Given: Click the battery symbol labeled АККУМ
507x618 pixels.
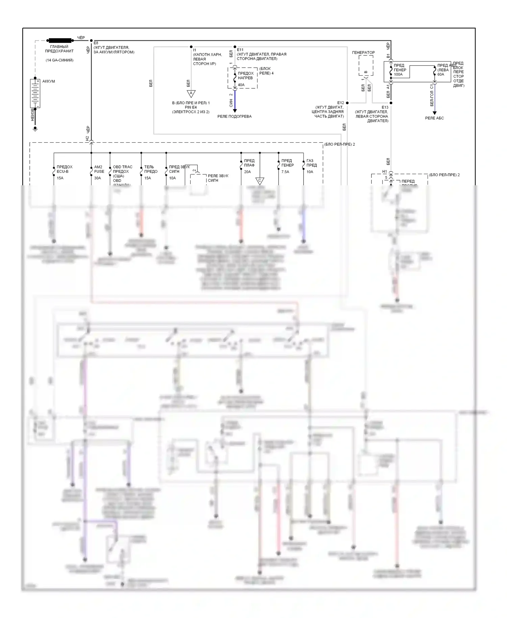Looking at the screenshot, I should tap(35, 93).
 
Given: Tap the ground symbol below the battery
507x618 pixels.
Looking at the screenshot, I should tap(35, 129).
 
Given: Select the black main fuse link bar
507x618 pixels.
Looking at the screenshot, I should tap(60, 40).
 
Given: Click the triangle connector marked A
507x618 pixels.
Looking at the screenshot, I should tap(191, 94).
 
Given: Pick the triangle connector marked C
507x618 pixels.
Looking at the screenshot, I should tap(260, 181).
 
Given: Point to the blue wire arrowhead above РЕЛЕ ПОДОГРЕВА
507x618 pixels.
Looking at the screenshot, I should tap(235, 110).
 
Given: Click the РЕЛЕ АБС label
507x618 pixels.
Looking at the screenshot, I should tap(434, 118).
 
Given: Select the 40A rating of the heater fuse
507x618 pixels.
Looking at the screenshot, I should tap(241, 85).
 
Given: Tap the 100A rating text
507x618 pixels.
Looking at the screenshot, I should tap(398, 74).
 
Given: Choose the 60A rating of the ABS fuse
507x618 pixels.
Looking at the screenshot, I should tap(441, 74).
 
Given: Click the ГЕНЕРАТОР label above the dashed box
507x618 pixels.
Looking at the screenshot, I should tap(363, 52).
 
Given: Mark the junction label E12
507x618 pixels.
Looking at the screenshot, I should tap(340, 103).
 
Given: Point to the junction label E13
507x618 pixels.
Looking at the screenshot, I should tap(385, 108).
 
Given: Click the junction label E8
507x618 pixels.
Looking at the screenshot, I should tap(96, 43).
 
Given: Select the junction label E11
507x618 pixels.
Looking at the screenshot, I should tap(240, 50).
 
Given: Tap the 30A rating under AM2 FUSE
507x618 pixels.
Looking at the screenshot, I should tap(97, 178).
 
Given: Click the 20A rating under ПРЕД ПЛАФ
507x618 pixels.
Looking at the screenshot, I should tap(247, 172).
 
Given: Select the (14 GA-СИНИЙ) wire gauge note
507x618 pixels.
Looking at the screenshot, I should tap(59, 60).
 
